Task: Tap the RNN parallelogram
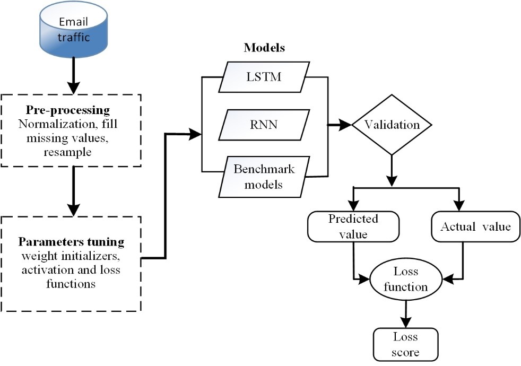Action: pos(264,125)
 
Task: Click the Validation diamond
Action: pos(392,125)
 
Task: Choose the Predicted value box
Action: pos(353,226)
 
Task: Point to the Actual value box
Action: pos(475,226)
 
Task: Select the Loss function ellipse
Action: pos(406,280)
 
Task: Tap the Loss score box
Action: pos(406,344)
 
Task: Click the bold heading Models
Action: pos(264,48)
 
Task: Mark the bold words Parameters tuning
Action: pos(71,242)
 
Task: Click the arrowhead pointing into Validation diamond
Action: pos(345,125)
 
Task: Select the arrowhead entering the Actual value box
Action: pos(460,206)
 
